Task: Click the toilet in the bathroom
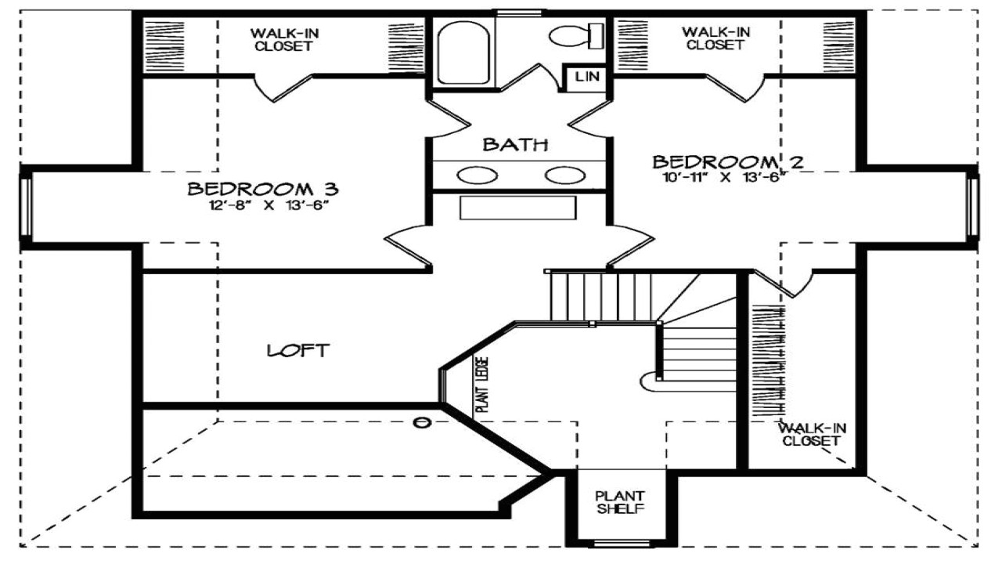tap(576, 35)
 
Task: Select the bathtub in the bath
tap(463, 52)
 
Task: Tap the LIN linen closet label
tap(586, 77)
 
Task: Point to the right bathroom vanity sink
tap(566, 175)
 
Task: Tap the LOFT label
tap(298, 350)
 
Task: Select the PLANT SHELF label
tap(620, 502)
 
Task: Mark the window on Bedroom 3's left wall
tap(26, 207)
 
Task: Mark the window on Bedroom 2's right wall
tap(972, 207)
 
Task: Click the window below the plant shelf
tap(620, 543)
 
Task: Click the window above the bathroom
tap(519, 12)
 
